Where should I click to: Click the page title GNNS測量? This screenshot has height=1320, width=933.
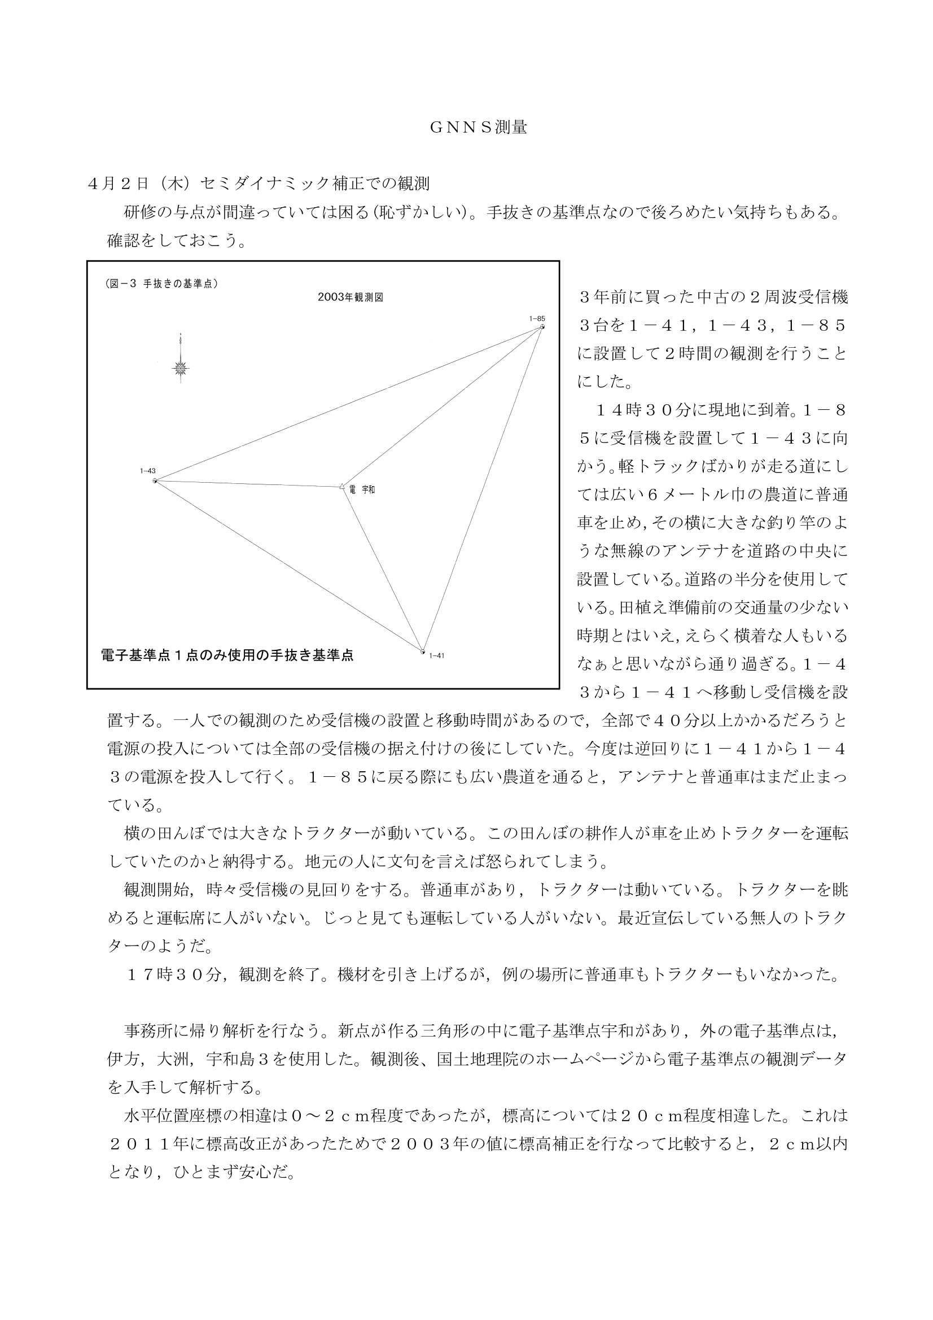pos(478,128)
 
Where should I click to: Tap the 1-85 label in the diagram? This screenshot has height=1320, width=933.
pos(537,318)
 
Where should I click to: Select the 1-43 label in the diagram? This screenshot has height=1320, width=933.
pos(148,471)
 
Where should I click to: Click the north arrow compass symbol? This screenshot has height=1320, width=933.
pos(181,368)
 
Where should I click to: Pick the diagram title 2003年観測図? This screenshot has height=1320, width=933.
pos(350,298)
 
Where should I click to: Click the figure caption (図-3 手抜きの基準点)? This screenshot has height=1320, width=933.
pos(161,283)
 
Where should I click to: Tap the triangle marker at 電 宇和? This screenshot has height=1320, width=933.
pos(343,487)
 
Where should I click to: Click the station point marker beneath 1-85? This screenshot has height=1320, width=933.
pos(542,326)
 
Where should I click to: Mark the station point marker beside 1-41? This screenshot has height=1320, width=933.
pos(423,652)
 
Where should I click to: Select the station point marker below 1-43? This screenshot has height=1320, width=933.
pos(155,480)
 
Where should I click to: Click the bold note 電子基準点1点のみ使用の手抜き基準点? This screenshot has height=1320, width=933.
pos(227,655)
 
